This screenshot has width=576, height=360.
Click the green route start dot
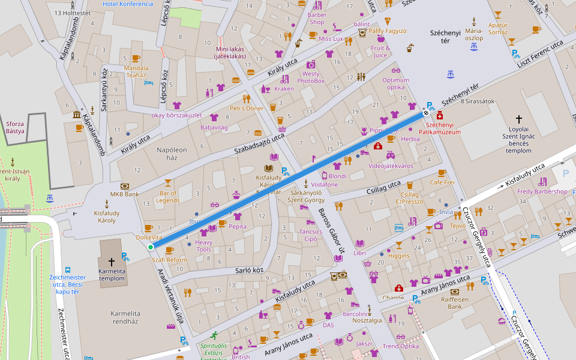151,247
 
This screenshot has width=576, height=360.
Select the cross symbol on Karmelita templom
111,262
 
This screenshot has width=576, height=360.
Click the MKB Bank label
124,194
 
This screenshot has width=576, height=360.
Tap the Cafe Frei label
442,182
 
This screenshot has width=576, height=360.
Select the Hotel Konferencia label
128,4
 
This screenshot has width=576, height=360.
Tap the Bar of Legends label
168,196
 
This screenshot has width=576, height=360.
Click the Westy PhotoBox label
311,77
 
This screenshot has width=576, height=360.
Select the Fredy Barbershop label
542,192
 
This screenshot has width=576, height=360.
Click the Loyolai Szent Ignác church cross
519,119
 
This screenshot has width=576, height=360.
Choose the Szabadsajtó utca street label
259,143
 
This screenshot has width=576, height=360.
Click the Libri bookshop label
359,253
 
